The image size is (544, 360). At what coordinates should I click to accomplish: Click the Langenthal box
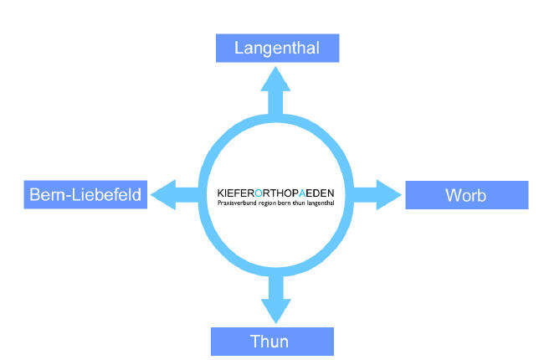point(278,48)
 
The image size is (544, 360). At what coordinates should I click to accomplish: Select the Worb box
point(466,195)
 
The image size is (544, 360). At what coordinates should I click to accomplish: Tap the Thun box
point(272,342)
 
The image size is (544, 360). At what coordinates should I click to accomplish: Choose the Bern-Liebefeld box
point(86,195)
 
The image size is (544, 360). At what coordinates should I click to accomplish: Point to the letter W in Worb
point(453,196)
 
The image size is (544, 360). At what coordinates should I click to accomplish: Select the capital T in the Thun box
point(255,342)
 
